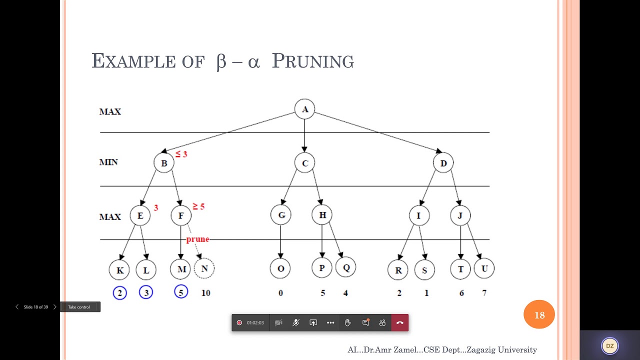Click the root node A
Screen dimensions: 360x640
pos(304,109)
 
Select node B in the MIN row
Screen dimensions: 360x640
pos(164,163)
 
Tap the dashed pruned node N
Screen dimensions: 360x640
pos(204,268)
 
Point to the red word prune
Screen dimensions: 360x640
pos(197,239)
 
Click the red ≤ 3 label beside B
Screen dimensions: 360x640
pos(181,154)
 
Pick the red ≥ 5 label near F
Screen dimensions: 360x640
pos(198,206)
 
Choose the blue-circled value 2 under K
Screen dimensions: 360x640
pos(120,292)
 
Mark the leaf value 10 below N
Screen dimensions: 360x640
pos(205,293)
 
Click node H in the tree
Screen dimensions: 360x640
pos(322,215)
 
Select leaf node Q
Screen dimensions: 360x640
pos(345,267)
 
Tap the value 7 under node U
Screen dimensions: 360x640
pos(484,293)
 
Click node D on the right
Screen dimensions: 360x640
pos(443,163)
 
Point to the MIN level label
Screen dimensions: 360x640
pos(108,162)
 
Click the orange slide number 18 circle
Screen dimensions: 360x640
pos(539,315)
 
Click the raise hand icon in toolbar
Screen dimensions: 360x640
pos(347,323)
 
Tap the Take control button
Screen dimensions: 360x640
pos(79,307)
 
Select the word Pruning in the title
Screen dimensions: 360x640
pos(313,61)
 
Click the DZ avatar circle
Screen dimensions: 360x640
pos(609,345)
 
